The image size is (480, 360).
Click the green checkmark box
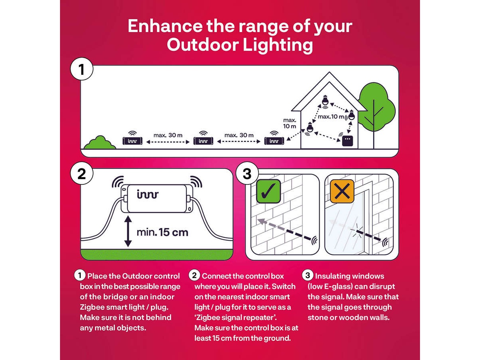pos(268,191)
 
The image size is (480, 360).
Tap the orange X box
pos(342,191)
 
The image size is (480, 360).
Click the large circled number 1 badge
pos(82,69)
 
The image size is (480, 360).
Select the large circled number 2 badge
pos(82,174)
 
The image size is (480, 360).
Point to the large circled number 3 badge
pos(247,174)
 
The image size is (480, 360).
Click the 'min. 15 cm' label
pos(162,232)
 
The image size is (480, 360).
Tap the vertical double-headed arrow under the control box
pos(128,232)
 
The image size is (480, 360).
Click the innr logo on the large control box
pos(148,194)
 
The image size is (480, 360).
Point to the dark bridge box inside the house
pos(348,141)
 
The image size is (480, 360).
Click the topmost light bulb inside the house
pos(325,101)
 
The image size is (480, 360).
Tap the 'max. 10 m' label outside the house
pos(290,123)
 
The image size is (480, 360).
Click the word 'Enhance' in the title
pos(165,26)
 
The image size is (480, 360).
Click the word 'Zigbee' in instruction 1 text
pos(90,307)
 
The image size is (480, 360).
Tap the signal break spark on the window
pos(357,231)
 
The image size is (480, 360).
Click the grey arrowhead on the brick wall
pos(261,222)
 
